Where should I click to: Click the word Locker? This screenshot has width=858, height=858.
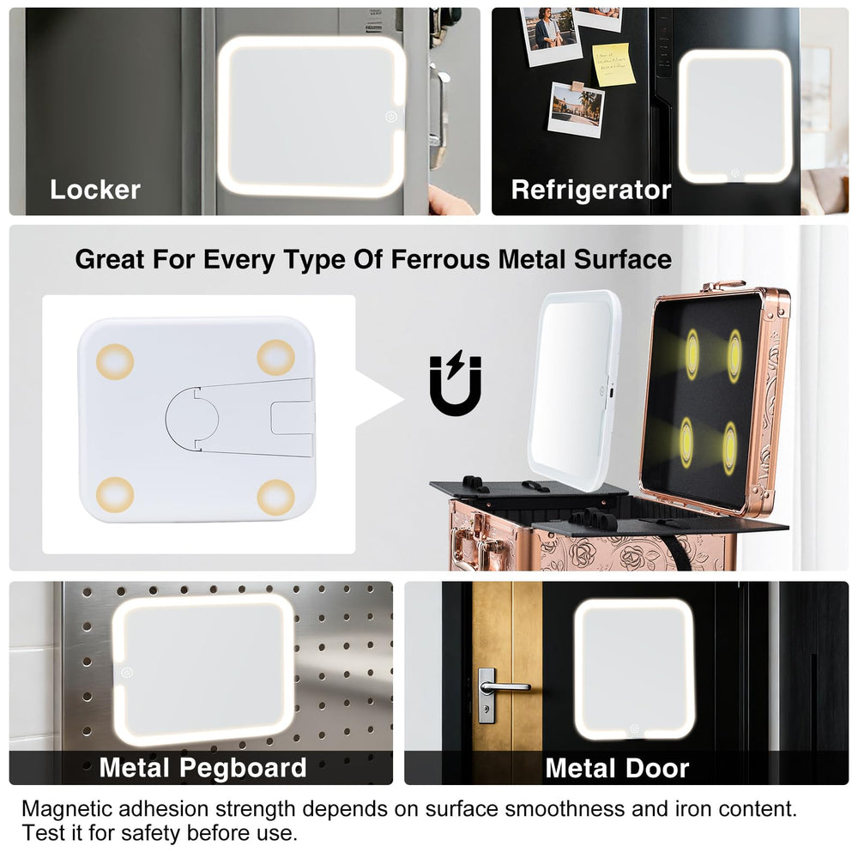[95, 190]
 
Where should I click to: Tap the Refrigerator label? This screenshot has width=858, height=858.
[591, 190]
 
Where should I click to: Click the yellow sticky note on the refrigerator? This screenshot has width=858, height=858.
[613, 64]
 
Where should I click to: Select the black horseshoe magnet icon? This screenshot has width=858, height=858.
[456, 383]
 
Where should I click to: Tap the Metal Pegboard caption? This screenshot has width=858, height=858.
[202, 767]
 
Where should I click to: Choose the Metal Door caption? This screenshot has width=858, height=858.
[617, 768]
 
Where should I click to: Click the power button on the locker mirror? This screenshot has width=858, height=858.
[390, 117]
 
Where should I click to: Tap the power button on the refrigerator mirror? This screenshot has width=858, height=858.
[735, 173]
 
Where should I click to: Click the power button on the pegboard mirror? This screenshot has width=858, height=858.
[126, 672]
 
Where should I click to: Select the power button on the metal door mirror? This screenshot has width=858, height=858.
[634, 728]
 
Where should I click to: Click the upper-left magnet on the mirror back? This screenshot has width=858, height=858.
[115, 362]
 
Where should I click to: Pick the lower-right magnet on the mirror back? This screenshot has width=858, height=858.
[275, 498]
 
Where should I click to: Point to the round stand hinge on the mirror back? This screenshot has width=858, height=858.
[191, 420]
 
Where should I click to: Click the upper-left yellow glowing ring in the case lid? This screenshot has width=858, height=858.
[692, 354]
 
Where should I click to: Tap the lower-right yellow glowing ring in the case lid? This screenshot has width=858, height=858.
[729, 449]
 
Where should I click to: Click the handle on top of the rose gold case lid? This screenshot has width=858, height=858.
[723, 286]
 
